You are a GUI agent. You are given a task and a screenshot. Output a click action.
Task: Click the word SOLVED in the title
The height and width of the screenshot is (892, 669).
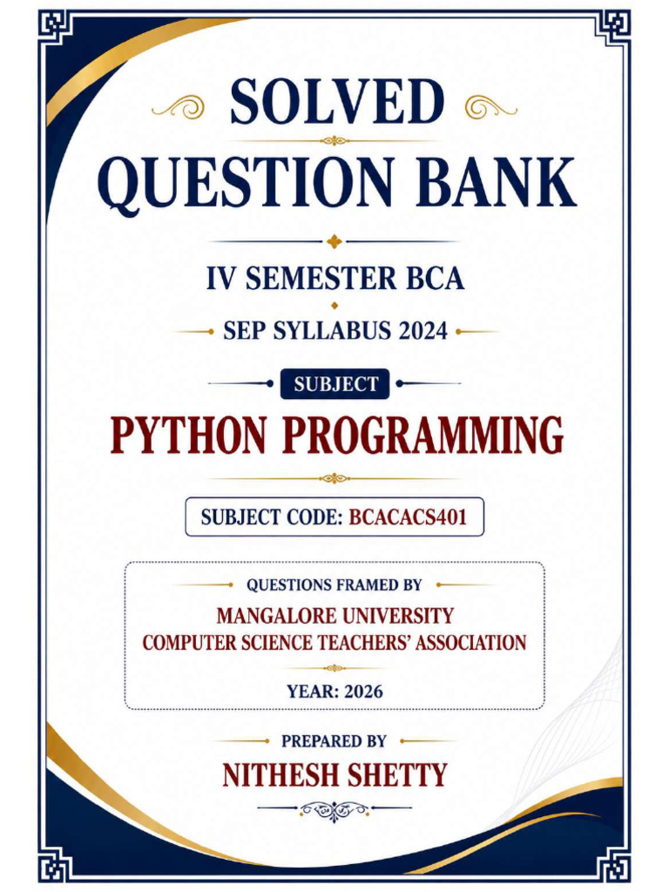click(336, 102)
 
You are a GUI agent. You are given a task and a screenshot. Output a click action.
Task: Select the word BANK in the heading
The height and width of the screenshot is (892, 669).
click(496, 181)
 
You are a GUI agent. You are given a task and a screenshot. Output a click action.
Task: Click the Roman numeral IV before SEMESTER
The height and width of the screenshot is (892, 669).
click(219, 278)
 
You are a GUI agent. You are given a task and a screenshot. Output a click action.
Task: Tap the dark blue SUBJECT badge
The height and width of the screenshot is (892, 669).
click(335, 384)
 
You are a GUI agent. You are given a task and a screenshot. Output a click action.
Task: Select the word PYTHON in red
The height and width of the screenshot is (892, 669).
click(188, 436)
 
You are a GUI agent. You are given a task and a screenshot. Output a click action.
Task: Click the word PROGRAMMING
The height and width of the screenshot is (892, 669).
click(422, 436)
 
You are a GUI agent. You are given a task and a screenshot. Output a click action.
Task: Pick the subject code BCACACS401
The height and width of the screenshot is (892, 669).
click(408, 517)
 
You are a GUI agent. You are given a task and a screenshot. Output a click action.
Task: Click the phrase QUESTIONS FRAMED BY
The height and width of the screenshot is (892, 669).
click(334, 585)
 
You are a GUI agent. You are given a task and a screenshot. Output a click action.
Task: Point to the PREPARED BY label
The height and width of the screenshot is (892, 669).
click(334, 741)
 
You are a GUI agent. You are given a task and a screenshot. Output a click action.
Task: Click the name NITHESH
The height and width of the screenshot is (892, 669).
click(279, 775)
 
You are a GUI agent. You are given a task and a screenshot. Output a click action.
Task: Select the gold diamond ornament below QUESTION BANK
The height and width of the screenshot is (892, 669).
click(334, 241)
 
